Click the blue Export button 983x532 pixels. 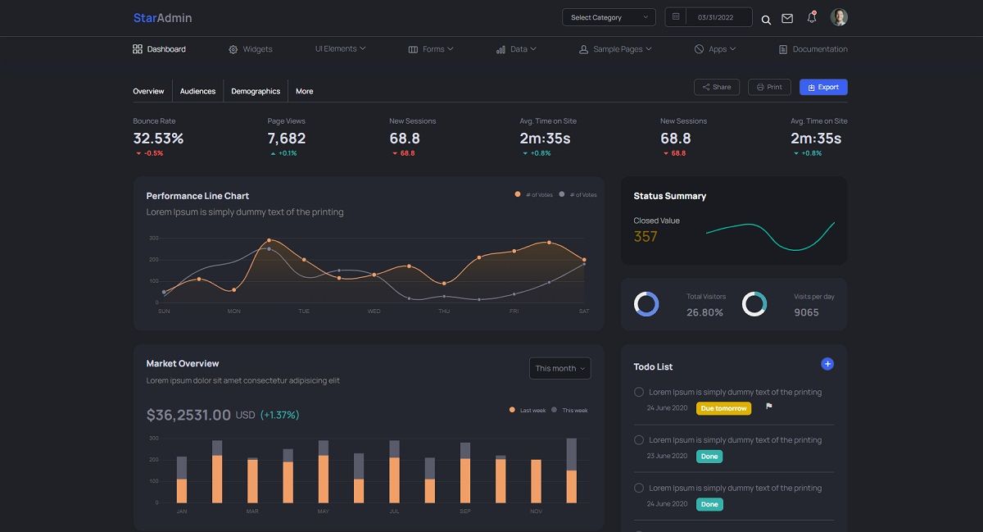point(823,87)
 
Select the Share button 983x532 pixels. point(717,87)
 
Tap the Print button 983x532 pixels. point(769,87)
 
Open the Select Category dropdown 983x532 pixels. point(609,17)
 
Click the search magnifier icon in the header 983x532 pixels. point(766,20)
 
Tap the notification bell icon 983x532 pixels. point(812,17)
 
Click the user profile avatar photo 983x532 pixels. point(839,17)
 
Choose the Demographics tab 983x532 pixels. point(256,91)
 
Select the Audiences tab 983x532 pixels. point(197,91)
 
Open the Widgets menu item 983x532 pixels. point(251,49)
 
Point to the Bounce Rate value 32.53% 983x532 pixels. point(158,139)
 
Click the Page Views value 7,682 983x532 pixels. point(287,139)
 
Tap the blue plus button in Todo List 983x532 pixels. point(827,364)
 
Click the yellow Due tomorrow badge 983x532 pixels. point(723,408)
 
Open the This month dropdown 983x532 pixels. point(560,369)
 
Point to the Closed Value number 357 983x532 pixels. point(646,237)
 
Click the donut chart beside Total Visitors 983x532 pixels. point(646,304)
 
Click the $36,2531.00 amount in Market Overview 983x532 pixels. point(188,415)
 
